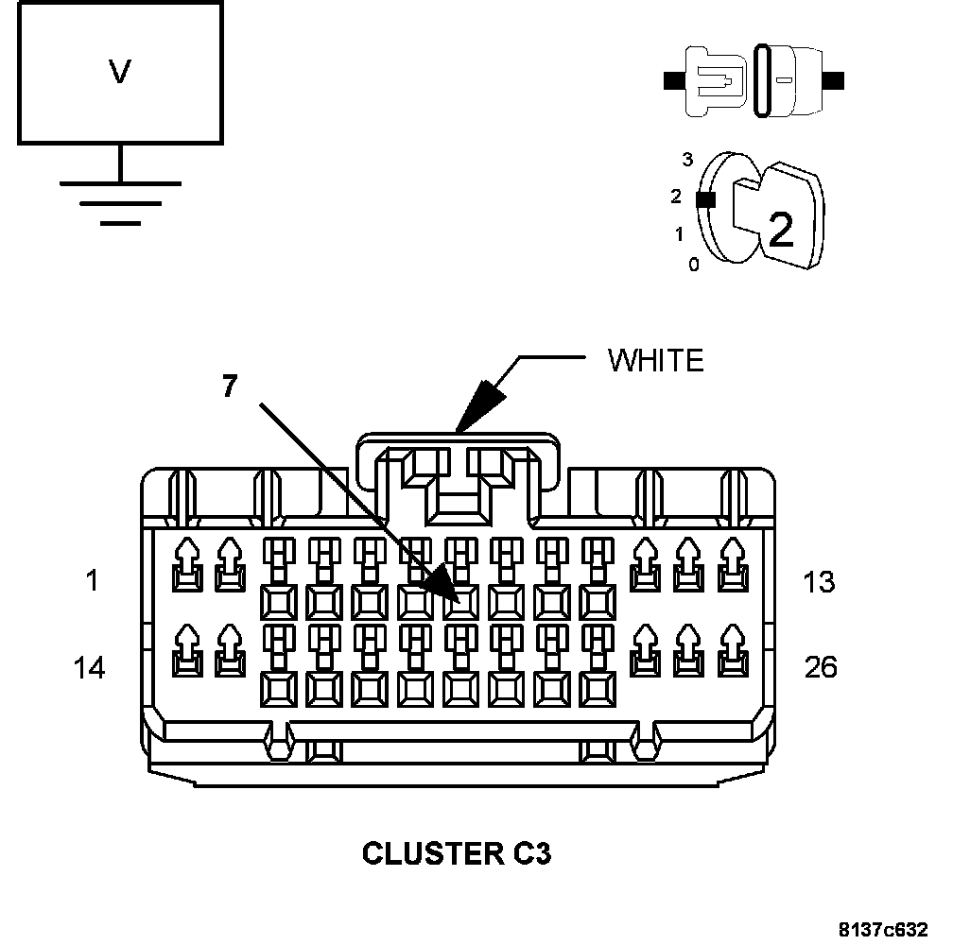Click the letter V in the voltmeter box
[x=119, y=72]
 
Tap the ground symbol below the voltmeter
[x=120, y=200]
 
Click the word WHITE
[x=655, y=360]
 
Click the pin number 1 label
[x=92, y=580]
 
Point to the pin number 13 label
[x=819, y=581]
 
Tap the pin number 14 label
[x=89, y=668]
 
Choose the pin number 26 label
[x=820, y=668]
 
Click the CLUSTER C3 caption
[x=457, y=853]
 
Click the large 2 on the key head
[x=781, y=231]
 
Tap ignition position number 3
[x=687, y=159]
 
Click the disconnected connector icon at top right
[x=754, y=81]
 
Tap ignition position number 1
[x=678, y=233]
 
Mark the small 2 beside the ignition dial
[x=675, y=197]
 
